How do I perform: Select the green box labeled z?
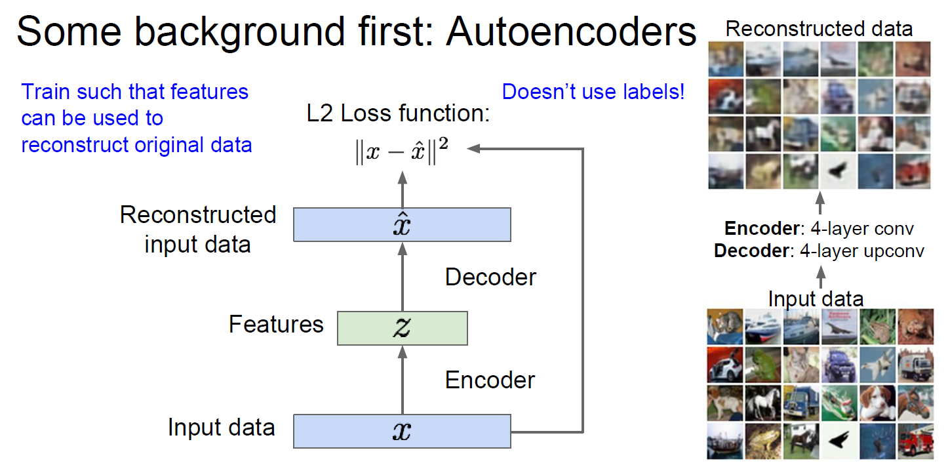point(402,328)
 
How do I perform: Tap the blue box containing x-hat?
point(402,224)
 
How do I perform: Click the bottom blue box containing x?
point(402,431)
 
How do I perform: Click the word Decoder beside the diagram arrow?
point(490,277)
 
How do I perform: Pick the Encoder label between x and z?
point(490,380)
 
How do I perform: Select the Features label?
point(276,324)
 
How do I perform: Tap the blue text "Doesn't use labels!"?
point(593,92)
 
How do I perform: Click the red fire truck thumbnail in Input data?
point(915,441)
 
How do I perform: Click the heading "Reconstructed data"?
point(819,29)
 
